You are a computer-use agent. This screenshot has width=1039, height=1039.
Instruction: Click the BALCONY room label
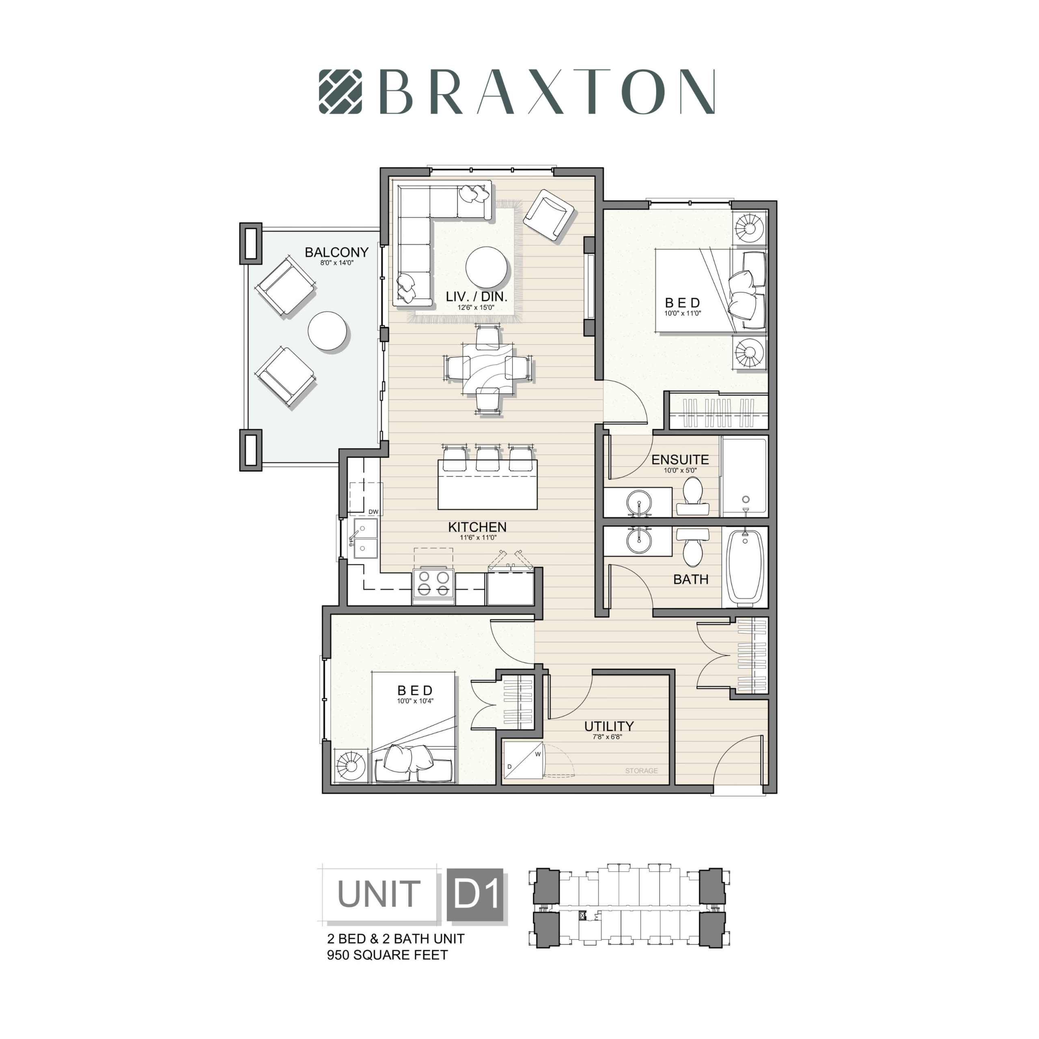pyautogui.click(x=336, y=252)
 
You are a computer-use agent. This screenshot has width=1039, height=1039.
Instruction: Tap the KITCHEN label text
pyautogui.click(x=477, y=527)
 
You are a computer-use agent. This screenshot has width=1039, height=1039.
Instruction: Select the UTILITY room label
pyautogui.click(x=609, y=726)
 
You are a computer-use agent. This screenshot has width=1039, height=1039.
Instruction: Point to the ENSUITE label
pyautogui.click(x=680, y=460)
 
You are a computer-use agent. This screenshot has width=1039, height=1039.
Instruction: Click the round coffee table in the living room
pyautogui.click(x=486, y=268)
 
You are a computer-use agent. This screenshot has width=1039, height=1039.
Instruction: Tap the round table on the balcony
pyautogui.click(x=328, y=332)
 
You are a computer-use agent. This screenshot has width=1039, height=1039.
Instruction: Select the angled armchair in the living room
pyautogui.click(x=549, y=215)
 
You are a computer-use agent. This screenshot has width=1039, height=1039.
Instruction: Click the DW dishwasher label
pyautogui.click(x=373, y=511)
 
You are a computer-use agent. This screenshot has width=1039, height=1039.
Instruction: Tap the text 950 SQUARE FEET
pyautogui.click(x=387, y=955)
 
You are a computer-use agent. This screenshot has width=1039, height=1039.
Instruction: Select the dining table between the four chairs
pyautogui.click(x=488, y=369)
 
